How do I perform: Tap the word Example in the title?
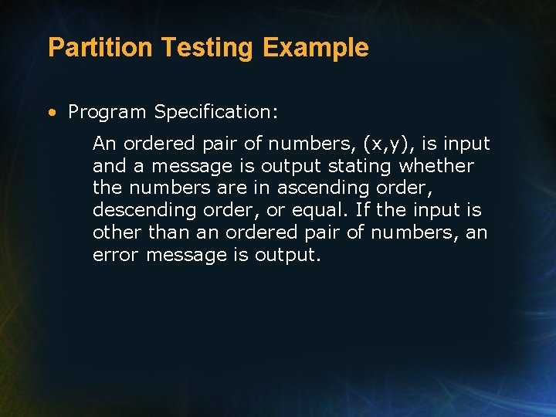pyautogui.click(x=315, y=48)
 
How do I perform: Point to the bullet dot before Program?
pyautogui.click(x=51, y=113)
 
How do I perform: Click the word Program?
pyautogui.click(x=107, y=113)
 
